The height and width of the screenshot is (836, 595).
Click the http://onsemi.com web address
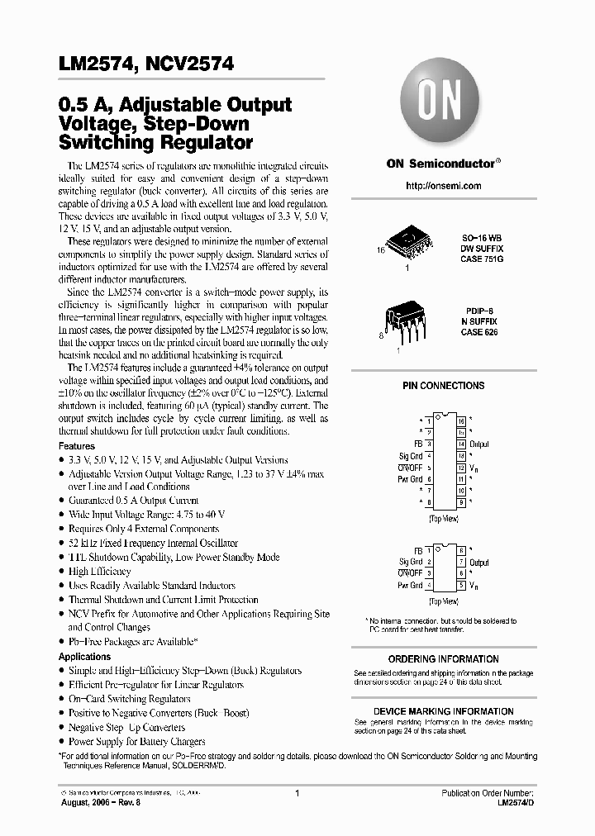pyautogui.click(x=444, y=186)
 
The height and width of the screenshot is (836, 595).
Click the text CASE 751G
pyautogui.click(x=481, y=259)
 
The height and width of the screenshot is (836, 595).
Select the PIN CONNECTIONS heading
pyautogui.click(x=444, y=386)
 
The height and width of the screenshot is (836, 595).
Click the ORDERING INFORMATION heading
pyautogui.click(x=444, y=659)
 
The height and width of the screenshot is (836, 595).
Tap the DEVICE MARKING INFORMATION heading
pyautogui.click(x=444, y=711)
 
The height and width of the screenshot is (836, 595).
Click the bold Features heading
pyautogui.click(x=77, y=446)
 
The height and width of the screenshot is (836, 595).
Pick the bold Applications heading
pyautogui.click(x=84, y=656)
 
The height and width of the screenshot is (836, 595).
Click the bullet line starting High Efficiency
pyautogui.click(x=100, y=572)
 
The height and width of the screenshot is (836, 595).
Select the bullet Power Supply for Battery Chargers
pyautogui.click(x=136, y=741)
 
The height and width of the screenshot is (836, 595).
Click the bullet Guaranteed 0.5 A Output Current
pyautogui.click(x=133, y=501)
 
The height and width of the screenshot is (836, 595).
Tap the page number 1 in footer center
pyautogui.click(x=296, y=793)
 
